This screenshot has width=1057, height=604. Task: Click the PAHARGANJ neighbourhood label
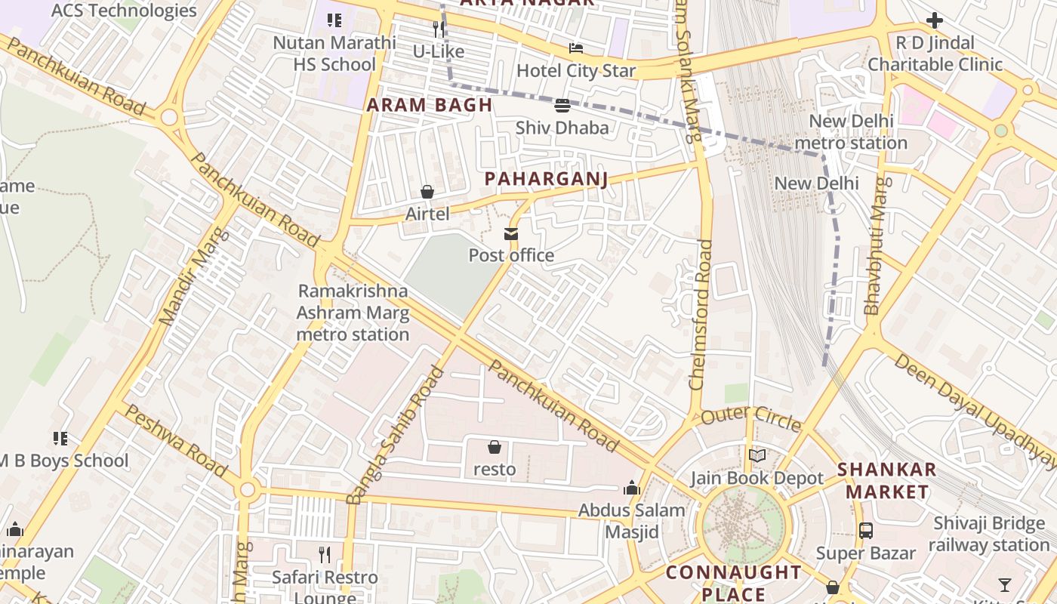[546, 179]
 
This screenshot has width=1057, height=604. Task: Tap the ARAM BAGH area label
[429, 105]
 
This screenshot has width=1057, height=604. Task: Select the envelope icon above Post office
[511, 234]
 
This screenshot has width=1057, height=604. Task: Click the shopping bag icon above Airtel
[427, 192]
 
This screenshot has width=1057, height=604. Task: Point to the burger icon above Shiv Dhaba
[562, 105]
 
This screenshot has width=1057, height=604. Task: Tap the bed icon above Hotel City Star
[576, 48]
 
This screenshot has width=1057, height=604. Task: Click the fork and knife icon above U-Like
[438, 29]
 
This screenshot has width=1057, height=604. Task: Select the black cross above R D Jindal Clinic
[934, 20]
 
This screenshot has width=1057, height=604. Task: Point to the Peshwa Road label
[175, 441]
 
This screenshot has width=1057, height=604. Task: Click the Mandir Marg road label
[183, 277]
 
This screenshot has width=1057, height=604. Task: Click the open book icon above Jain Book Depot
[757, 455]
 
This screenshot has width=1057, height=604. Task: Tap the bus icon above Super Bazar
[865, 531]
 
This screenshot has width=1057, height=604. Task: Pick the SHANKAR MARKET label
[886, 480]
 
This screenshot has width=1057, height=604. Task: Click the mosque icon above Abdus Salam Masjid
[631, 488]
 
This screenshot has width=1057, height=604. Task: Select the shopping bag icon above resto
[495, 447]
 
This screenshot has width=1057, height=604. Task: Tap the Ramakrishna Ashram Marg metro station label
[353, 313]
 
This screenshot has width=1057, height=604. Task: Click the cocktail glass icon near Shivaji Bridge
[1004, 584]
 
